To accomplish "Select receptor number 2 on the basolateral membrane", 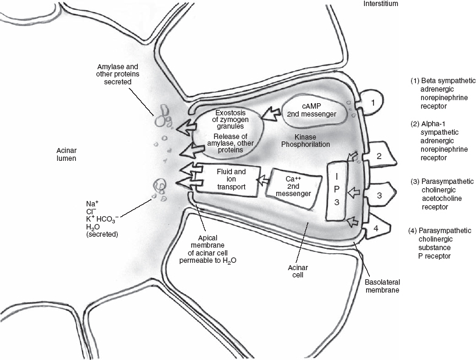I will pos(379,156).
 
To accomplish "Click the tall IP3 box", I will pos(336,191).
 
